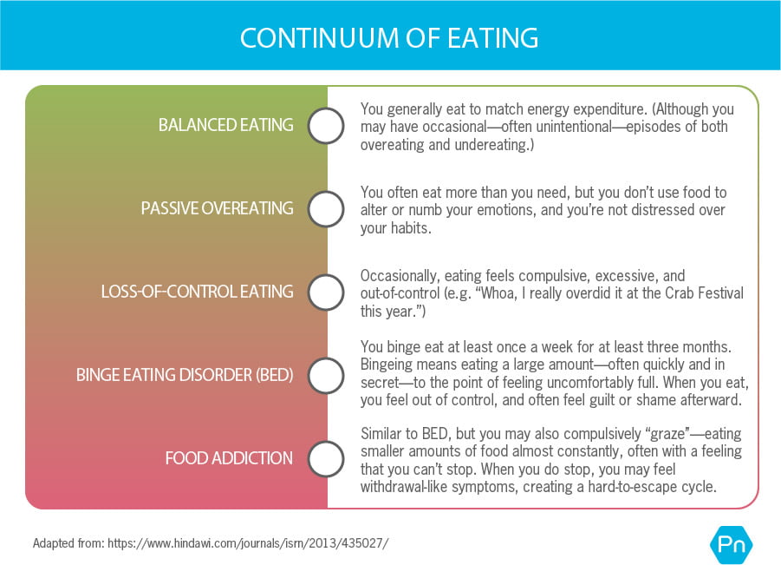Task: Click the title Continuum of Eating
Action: point(389,38)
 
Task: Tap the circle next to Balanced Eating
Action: point(327,125)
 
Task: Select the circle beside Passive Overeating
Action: point(327,209)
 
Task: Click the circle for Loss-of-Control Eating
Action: point(327,292)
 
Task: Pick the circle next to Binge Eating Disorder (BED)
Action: point(327,376)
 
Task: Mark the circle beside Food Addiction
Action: point(327,458)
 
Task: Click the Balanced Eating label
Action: point(225,125)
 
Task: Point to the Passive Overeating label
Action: point(217,209)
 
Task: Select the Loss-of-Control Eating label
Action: point(197,292)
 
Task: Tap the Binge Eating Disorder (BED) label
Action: point(185,376)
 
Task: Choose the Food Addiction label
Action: point(229,458)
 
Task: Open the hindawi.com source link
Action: point(248,544)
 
